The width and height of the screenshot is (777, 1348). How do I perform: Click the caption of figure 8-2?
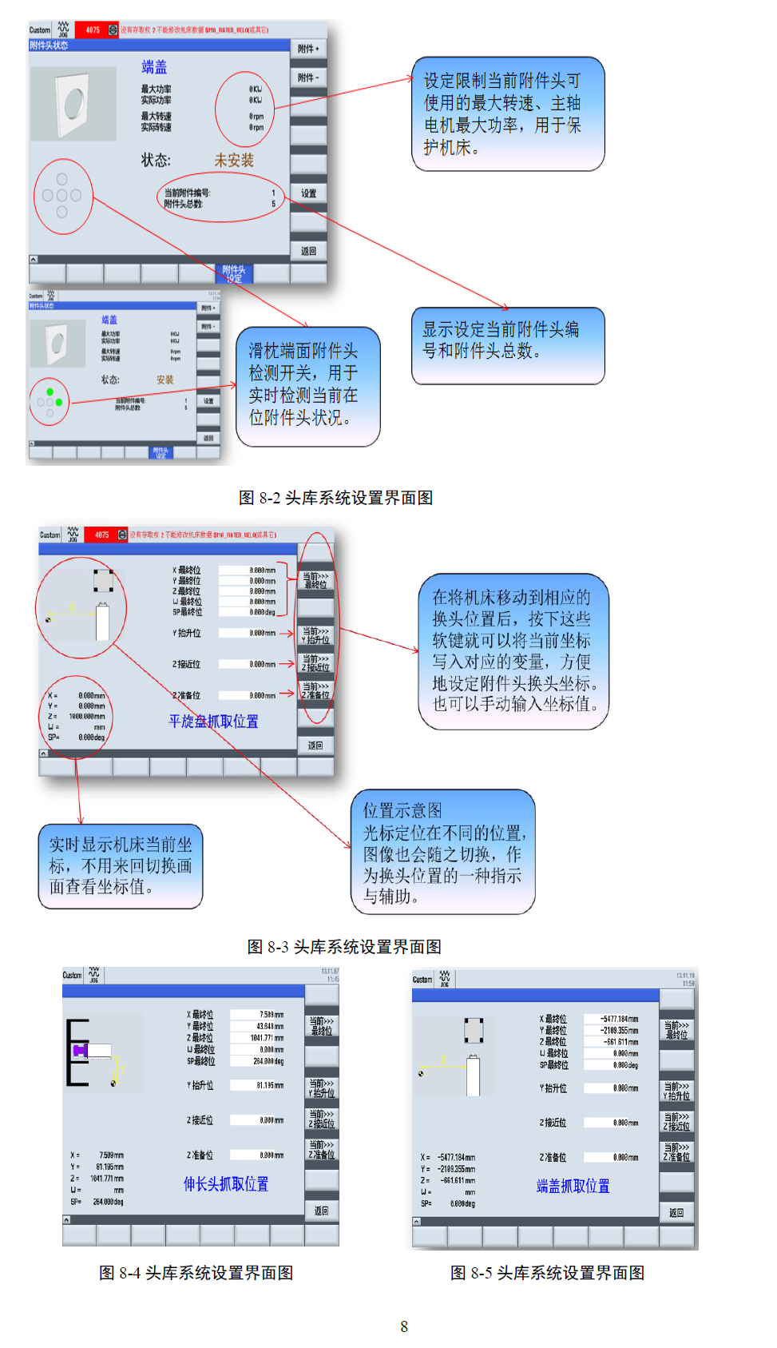coord(335,498)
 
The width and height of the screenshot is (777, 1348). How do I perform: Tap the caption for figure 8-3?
coord(344,947)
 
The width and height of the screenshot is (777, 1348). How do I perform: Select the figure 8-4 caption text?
coord(196,1273)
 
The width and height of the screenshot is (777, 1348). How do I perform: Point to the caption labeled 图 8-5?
coord(547,1273)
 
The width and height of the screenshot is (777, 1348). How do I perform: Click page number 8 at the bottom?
coord(404,1326)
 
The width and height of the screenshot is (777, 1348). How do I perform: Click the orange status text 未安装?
coord(233,161)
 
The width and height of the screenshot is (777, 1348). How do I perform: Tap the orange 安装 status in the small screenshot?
coord(165,380)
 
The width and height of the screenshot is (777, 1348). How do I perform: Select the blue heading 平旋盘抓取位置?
coord(213,722)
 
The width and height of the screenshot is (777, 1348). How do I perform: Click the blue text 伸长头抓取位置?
coord(225,1184)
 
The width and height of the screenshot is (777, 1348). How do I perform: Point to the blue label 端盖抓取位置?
coord(573,1187)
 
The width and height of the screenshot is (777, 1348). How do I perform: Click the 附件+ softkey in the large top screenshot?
coord(308,50)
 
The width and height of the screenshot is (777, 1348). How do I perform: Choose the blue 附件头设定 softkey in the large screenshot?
coord(234,274)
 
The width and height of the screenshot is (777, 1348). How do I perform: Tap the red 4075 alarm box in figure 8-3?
coord(102,535)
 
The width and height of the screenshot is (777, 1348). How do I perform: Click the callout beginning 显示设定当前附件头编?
coord(508,345)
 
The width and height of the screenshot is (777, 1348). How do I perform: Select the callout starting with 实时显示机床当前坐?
coord(121,866)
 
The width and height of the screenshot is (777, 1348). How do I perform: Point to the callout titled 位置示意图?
coord(443,852)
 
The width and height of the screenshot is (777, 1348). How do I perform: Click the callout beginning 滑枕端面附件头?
coord(307,386)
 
